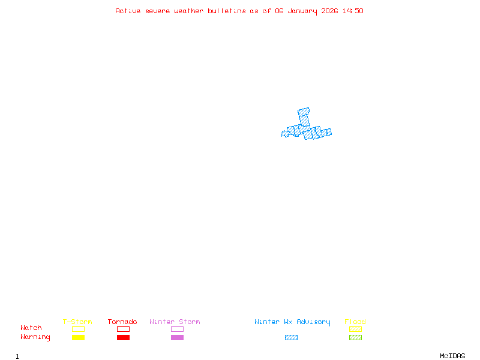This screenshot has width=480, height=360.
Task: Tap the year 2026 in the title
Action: pos(329,11)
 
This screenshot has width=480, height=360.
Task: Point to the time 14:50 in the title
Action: pos(353,11)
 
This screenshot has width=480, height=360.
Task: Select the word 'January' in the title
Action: pos(302,11)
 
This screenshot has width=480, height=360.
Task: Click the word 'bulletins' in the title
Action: pos(227,11)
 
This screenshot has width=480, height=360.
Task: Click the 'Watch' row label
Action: pos(31,328)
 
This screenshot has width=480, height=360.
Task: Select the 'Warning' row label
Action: pos(35,337)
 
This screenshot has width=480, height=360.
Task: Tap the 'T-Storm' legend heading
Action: pos(77,322)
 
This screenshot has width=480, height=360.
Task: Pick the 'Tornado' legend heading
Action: pos(122,322)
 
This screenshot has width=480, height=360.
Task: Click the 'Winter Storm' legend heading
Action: pos(175,322)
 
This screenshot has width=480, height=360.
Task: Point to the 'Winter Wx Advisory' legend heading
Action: pos(292,322)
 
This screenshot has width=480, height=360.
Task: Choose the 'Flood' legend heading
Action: pos(355,322)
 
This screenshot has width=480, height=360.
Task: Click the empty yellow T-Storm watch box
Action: pos(79,329)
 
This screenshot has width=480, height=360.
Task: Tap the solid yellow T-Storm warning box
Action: pos(79,337)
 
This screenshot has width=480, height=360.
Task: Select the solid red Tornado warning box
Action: pos(124,337)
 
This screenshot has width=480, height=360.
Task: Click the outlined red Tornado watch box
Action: pos(124,329)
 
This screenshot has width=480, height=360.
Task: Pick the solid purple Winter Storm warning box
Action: pos(177,337)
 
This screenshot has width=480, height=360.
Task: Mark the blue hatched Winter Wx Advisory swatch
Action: pos(291,337)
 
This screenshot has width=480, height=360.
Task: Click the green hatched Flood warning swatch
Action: pos(355,337)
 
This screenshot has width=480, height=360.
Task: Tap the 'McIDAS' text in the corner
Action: pos(452,356)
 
